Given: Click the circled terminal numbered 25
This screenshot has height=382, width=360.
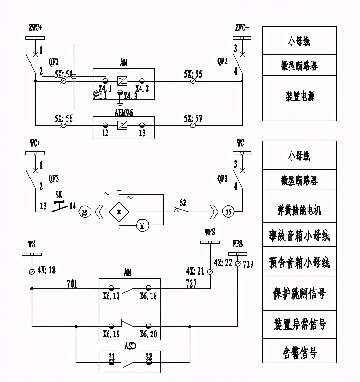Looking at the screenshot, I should pyautogui.click(x=85, y=212).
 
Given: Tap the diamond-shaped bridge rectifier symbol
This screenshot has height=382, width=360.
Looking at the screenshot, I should pyautogui.click(x=119, y=212).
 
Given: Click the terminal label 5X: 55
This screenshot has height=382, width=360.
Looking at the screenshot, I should pyautogui.click(x=193, y=74).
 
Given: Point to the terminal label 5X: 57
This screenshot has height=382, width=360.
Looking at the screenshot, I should pyautogui.click(x=193, y=118).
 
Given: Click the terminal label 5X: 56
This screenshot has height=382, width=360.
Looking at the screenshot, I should pyautogui.click(x=63, y=118).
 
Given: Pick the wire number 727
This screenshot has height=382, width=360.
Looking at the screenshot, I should pyautogui.click(x=191, y=283).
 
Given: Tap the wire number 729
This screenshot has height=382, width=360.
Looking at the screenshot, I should pyautogui.click(x=248, y=264).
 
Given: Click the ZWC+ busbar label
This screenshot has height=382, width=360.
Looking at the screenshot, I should pyautogui.click(x=35, y=28).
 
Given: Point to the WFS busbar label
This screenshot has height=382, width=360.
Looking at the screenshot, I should pyautogui.click(x=209, y=232).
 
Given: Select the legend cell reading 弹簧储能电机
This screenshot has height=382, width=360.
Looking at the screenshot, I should pyautogui.click(x=299, y=210).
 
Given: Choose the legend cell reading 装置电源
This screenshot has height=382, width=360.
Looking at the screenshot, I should pyautogui.click(x=299, y=97).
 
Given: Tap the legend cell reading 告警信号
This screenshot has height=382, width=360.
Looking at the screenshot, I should pyautogui.click(x=299, y=353).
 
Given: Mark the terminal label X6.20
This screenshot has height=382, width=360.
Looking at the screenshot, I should pyautogui.click(x=148, y=334).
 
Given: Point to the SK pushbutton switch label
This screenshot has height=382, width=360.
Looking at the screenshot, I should pyautogui.click(x=59, y=195).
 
